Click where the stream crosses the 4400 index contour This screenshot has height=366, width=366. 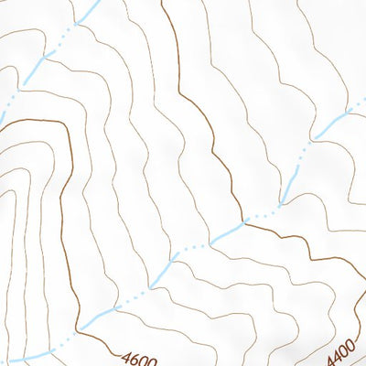click(x=244, y=221)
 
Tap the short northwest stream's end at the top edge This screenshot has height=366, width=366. click(x=95, y=2)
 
